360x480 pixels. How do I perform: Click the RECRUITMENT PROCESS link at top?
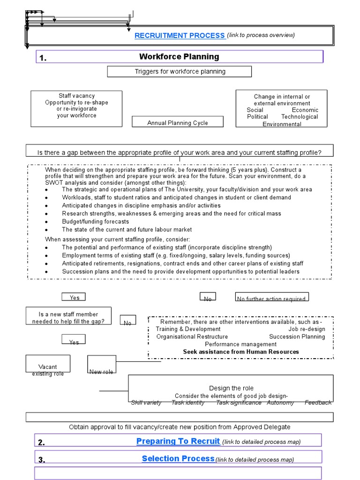180,35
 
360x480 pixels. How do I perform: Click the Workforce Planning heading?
179,57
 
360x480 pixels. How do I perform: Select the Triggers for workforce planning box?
180,72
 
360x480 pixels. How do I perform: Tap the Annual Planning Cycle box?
178,123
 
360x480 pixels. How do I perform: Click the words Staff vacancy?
76,96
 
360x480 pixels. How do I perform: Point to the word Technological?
300,117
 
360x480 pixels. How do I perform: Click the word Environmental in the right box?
282,124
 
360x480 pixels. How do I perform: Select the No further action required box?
271,299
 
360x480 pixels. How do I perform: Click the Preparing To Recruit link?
178,441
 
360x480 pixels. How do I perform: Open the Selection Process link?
178,458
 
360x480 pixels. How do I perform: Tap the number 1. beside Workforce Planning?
43,58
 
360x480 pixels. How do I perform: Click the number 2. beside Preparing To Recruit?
42,442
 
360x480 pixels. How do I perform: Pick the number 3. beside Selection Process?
42,460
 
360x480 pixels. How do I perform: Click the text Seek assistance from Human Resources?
240,352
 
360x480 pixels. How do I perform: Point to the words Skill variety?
146,402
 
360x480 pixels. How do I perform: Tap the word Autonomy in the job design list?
280,402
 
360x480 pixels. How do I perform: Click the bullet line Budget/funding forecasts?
95,221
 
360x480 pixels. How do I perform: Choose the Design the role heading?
231,388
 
